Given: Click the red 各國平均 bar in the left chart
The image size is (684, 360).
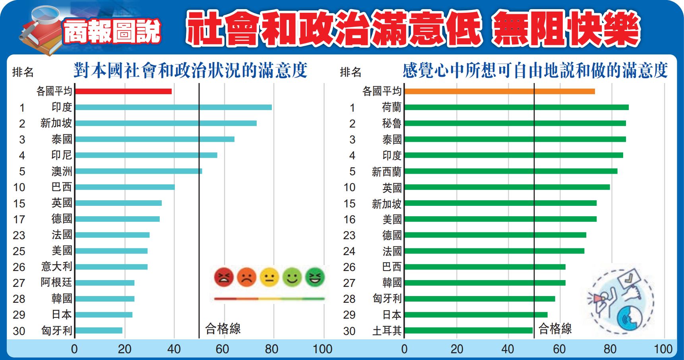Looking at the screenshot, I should coord(123,91).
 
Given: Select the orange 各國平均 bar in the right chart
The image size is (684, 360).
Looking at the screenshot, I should coord(499,91).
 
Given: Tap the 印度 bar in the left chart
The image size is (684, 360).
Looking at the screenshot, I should coord(173,107).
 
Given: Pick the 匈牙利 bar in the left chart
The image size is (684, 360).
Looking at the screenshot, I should coord(99,331).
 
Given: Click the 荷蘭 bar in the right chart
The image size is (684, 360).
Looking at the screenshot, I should coord(516,107).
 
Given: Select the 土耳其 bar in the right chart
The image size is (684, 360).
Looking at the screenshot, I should coord(468,331).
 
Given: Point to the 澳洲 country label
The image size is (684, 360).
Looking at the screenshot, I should coord(62,171).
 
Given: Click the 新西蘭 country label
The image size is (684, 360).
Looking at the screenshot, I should coord(386,172).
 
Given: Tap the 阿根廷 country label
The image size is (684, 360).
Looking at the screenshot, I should coord(56,283).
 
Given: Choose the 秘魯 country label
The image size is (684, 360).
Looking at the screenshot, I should coord(391,124).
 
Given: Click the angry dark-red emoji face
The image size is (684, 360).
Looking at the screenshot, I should coord(224,277).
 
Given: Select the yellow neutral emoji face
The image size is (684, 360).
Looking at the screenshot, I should coord(269,277).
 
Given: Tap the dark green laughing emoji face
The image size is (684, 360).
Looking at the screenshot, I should coord(315,277).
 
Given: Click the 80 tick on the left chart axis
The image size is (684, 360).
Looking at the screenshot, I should coord(272,349).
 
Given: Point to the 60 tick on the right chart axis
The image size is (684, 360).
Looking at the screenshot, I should coord(559,349).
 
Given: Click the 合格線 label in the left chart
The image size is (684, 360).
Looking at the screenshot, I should coord(223,329).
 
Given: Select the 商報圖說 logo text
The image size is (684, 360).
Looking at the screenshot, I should coord(112,31).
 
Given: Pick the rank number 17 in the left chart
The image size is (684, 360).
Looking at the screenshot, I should coord(19,219).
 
